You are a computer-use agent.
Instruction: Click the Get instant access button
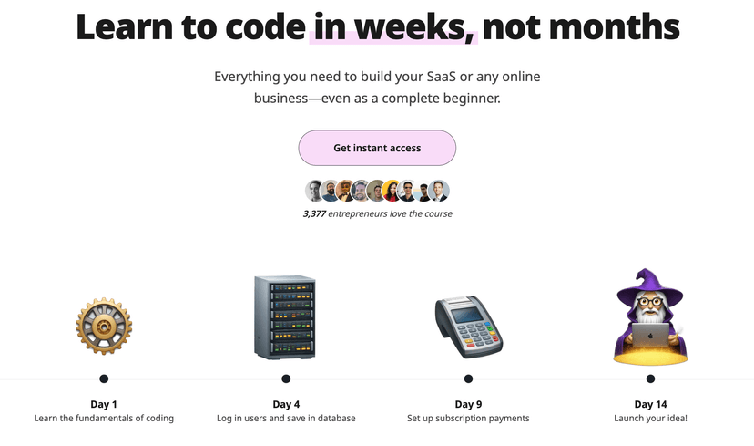[x=377, y=148]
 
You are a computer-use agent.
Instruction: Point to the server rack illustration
[x=285, y=317]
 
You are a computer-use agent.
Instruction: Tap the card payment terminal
[x=468, y=326]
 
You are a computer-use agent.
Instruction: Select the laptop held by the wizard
[x=649, y=337]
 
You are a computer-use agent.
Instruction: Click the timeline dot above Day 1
[x=104, y=379]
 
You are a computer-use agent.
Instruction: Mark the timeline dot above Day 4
[x=286, y=379]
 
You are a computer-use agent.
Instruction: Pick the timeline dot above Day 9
[x=468, y=379]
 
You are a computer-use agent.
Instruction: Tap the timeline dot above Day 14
[x=650, y=379]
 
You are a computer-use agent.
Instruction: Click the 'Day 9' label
[x=468, y=404]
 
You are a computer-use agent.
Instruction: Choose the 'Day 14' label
[x=650, y=404]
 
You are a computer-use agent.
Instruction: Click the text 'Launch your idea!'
[x=650, y=419]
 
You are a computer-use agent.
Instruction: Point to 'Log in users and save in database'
[x=286, y=419]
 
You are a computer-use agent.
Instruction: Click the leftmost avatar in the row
[x=313, y=191]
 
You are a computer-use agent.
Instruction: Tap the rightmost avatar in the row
[x=440, y=191]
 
